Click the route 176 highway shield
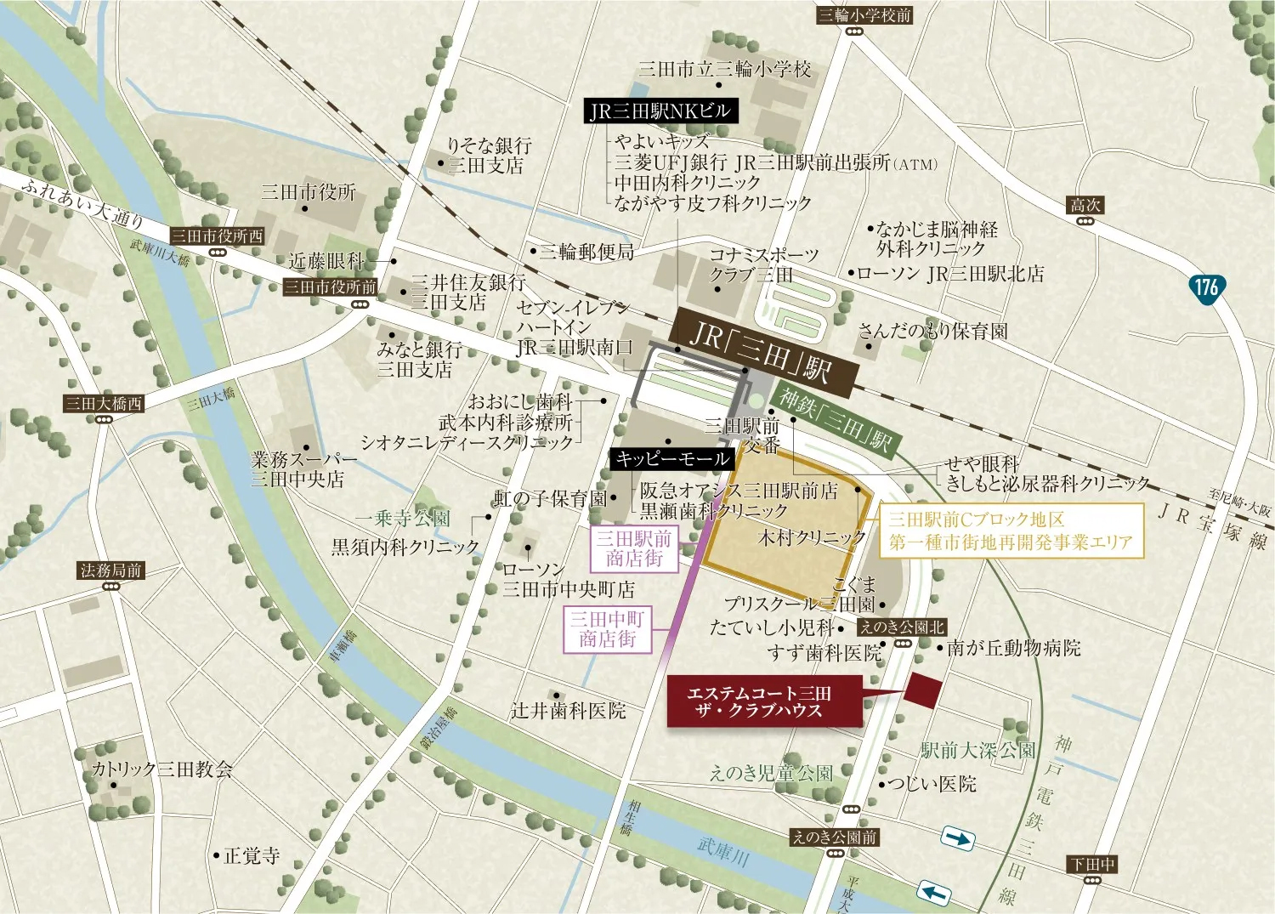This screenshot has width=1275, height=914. [x=1205, y=287]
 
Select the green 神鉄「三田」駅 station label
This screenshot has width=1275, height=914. [x=835, y=422]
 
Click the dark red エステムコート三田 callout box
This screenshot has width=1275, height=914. [x=764, y=701]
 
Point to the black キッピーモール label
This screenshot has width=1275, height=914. [x=671, y=459]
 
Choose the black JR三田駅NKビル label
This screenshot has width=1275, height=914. [x=660, y=111]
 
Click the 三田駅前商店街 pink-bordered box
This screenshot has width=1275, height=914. [x=634, y=548]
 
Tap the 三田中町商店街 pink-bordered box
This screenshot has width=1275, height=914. [x=608, y=629]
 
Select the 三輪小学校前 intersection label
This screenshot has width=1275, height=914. [x=864, y=14]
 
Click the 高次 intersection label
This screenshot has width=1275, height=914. [x=1085, y=205]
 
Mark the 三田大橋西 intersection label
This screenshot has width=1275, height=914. [x=104, y=403]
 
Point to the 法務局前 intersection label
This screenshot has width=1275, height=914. [x=110, y=571]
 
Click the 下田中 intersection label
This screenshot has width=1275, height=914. [x=1092, y=865]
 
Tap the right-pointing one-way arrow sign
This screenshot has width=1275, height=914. [x=958, y=839]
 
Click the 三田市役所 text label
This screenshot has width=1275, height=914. [x=308, y=192]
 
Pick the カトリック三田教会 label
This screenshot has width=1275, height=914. [x=161, y=769]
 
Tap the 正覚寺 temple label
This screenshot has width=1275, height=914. [x=251, y=855]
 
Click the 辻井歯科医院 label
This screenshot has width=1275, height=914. [x=568, y=711]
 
